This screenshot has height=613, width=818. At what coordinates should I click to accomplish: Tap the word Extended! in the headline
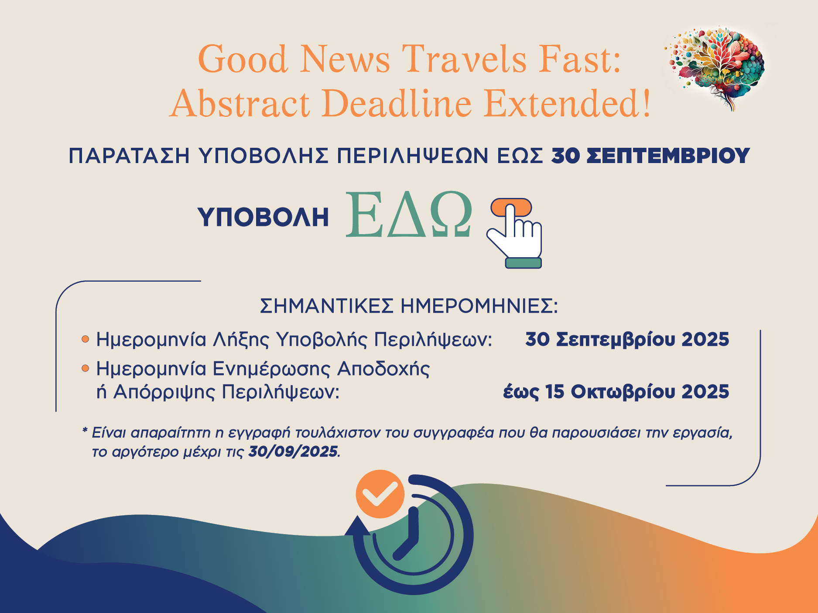click(x=568, y=104)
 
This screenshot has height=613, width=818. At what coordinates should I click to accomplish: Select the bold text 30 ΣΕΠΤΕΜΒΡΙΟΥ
click(x=650, y=156)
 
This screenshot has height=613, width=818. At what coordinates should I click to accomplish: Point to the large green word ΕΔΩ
click(x=409, y=215)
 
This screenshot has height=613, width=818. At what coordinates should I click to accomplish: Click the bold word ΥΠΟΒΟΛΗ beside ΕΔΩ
click(x=263, y=217)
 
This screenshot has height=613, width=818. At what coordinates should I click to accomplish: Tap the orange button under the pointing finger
click(x=511, y=207)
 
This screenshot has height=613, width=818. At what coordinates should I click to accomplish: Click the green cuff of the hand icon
click(x=524, y=262)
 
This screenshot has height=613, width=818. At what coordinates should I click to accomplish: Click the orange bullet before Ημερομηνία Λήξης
click(x=86, y=339)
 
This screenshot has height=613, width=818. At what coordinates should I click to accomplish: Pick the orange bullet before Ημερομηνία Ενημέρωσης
click(x=86, y=369)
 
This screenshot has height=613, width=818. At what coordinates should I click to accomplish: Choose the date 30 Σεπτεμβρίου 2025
click(x=627, y=339)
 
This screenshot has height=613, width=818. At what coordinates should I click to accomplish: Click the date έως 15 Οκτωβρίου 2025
click(x=616, y=392)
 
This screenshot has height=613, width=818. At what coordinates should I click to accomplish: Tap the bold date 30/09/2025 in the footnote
click(x=293, y=451)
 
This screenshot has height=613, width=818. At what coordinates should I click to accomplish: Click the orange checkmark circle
click(x=380, y=494)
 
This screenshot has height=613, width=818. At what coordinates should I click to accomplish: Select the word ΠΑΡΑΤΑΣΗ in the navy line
click(x=129, y=156)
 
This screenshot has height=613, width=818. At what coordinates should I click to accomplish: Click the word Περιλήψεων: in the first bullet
click(x=433, y=340)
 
